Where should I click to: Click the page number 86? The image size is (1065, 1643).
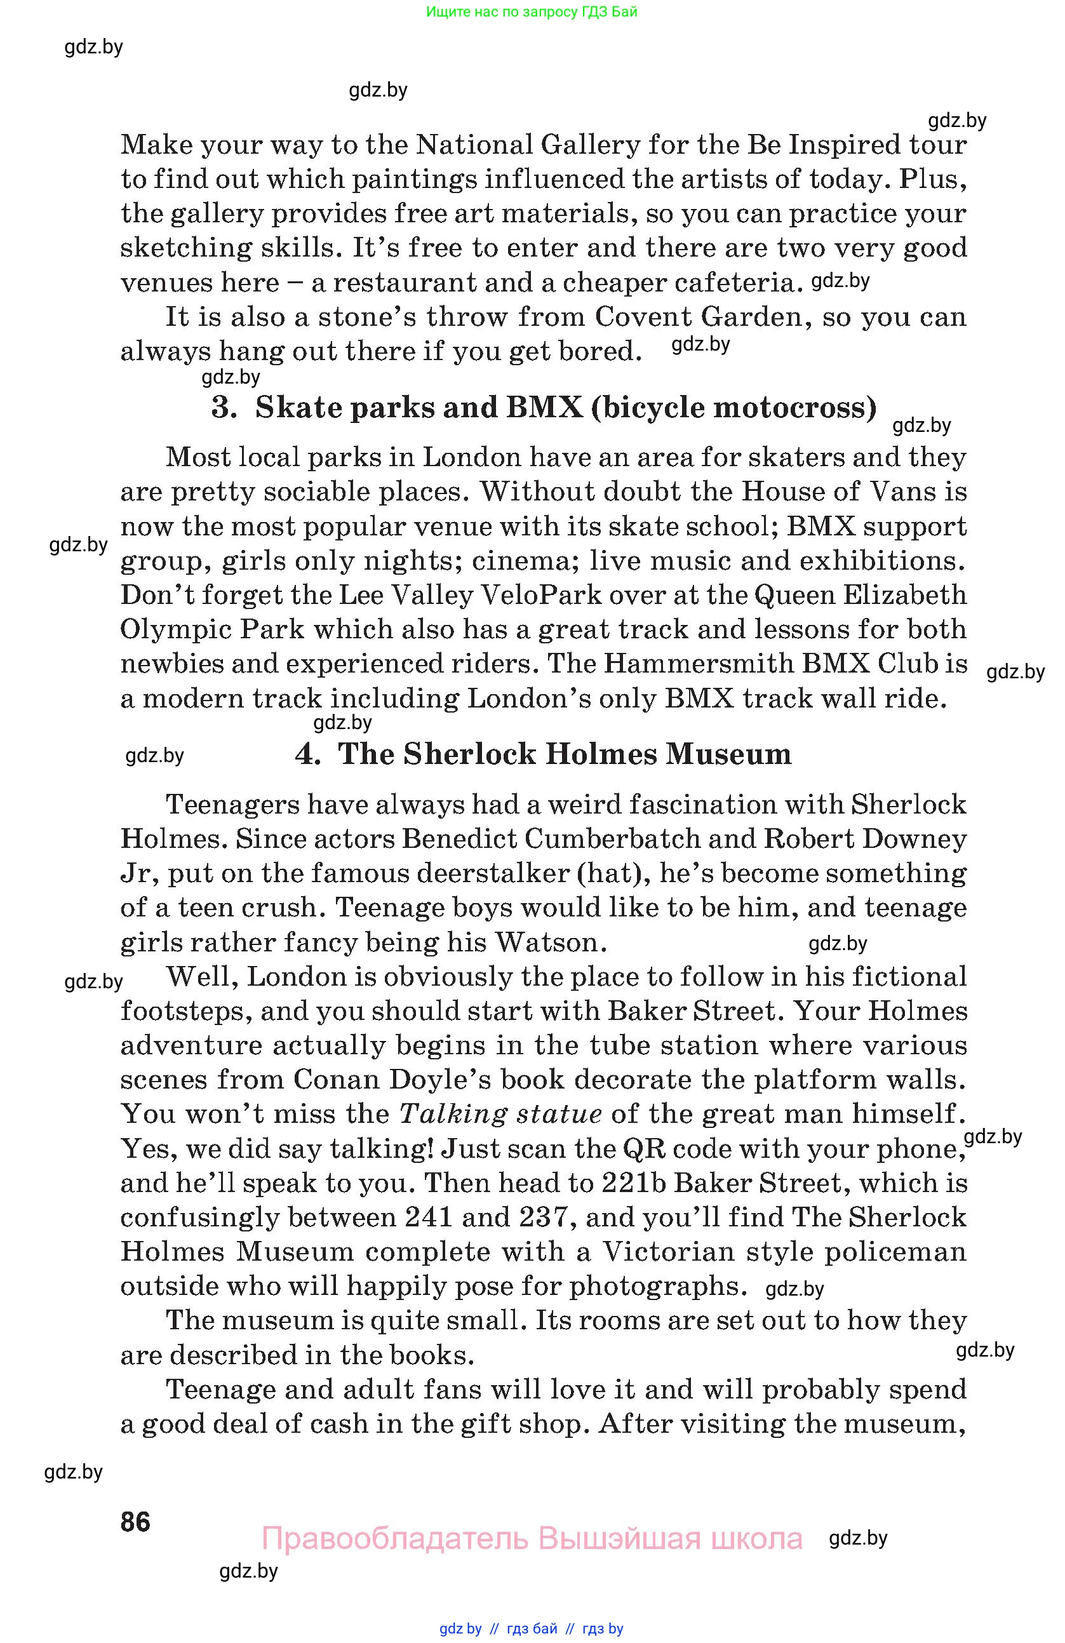(135, 1522)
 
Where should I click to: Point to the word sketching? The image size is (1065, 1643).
(186, 248)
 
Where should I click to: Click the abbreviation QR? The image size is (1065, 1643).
(643, 1148)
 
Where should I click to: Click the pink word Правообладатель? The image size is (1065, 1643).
(396, 1539)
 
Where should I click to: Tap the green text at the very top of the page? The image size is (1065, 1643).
(532, 11)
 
